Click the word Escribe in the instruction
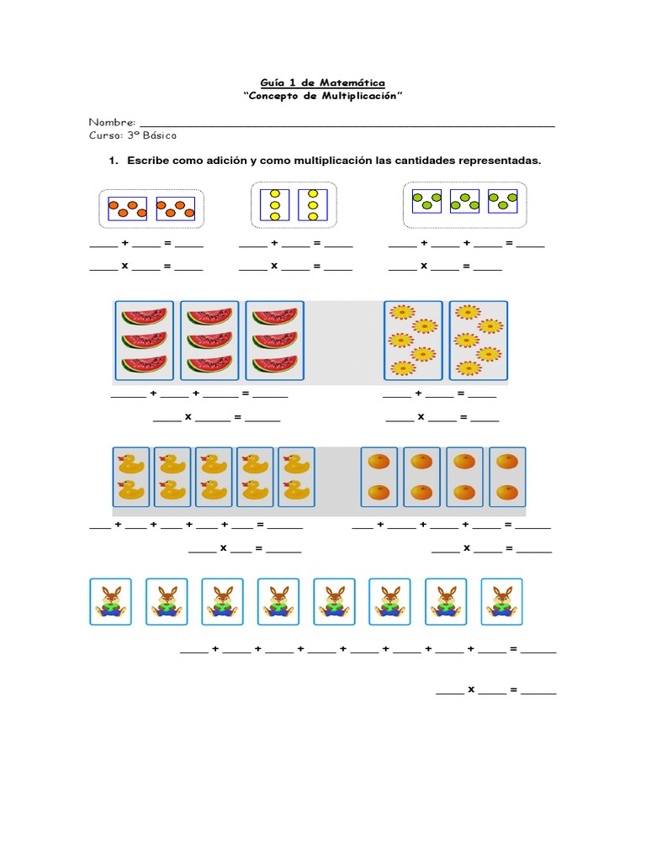click(149, 160)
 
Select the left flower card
click(413, 340)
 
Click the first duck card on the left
click(130, 477)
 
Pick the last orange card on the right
click(507, 477)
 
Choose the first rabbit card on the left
click(110, 601)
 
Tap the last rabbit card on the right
click(501, 601)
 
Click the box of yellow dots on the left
click(274, 205)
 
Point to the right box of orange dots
click(176, 209)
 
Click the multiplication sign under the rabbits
click(472, 690)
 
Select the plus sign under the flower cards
click(418, 394)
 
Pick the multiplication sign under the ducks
click(224, 548)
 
